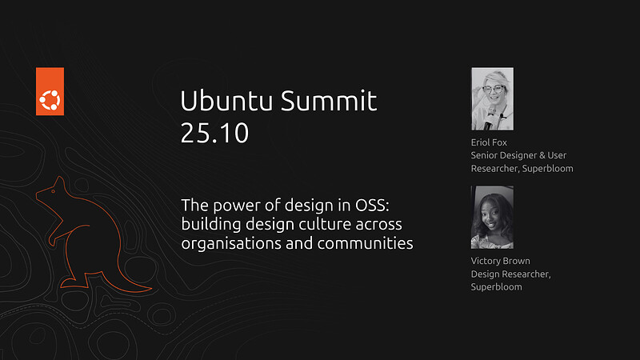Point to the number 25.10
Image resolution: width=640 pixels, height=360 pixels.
214,134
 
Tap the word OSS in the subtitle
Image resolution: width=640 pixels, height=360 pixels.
370,204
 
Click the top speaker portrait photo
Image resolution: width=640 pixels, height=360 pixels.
492,99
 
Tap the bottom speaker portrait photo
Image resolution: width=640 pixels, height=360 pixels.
492,217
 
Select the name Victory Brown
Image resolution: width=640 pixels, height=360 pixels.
501,261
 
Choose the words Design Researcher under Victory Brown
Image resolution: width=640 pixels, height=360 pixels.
509,274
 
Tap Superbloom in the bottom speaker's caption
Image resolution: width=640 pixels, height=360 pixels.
496,286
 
